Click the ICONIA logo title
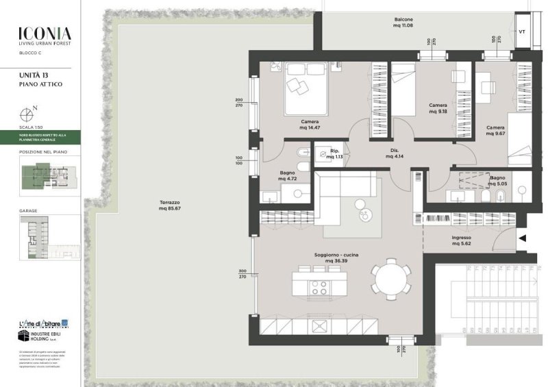tap(45, 32)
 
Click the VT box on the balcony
tap(522, 32)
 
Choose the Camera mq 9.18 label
tap(438, 108)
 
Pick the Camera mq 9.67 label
tap(495, 131)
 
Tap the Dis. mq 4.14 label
tap(393, 153)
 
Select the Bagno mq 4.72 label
tap(286, 176)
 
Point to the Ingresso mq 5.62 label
tap(461, 242)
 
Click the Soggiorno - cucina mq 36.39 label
tap(336, 258)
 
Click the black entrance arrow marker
tap(523, 238)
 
